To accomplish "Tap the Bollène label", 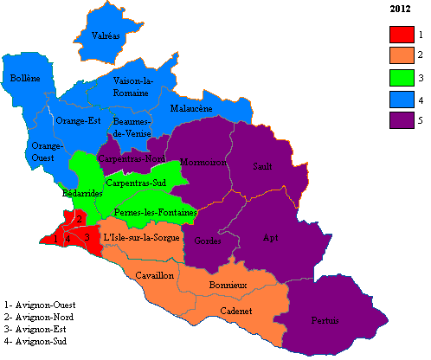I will (x=24, y=78).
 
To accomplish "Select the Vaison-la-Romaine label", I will (x=134, y=87).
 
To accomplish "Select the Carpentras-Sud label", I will (x=136, y=183).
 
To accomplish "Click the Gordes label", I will (x=210, y=240).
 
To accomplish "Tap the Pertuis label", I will (x=325, y=320).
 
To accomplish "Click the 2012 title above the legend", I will (x=400, y=9).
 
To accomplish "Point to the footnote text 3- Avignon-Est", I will (x=37, y=331).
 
